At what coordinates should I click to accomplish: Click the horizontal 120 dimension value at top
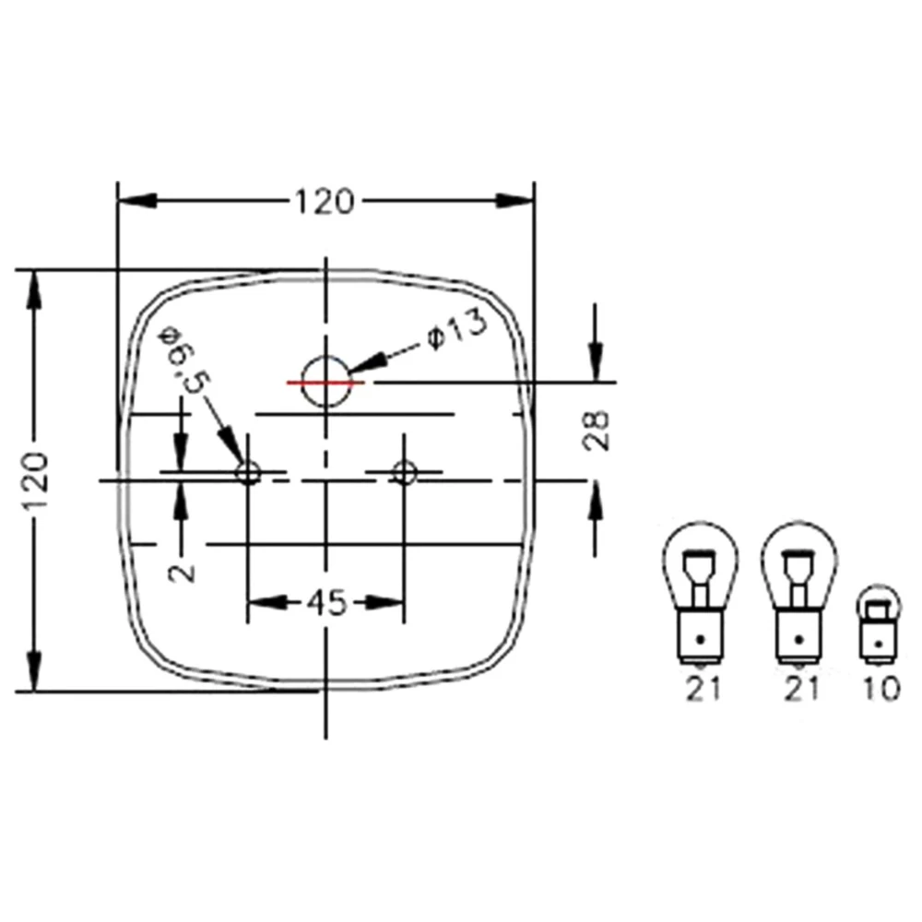click(x=324, y=201)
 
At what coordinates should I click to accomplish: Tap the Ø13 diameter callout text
click(x=455, y=334)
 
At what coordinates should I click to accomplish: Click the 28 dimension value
click(x=600, y=429)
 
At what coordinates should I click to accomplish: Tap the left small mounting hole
click(x=248, y=473)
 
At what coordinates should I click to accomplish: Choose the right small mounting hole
click(x=403, y=473)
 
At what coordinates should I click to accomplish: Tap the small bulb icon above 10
click(x=878, y=623)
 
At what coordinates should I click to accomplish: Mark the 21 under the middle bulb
click(x=799, y=689)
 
